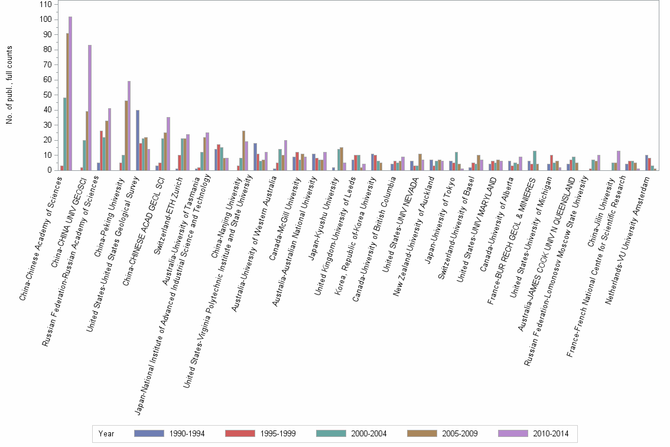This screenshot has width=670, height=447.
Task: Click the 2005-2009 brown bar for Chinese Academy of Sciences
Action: [67, 102]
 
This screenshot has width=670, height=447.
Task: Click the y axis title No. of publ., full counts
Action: [10, 86]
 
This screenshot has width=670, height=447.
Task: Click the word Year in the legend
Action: [107, 434]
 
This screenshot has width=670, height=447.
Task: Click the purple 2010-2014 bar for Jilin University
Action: [619, 160]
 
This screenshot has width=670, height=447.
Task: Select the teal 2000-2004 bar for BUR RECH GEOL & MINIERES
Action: [534, 160]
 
